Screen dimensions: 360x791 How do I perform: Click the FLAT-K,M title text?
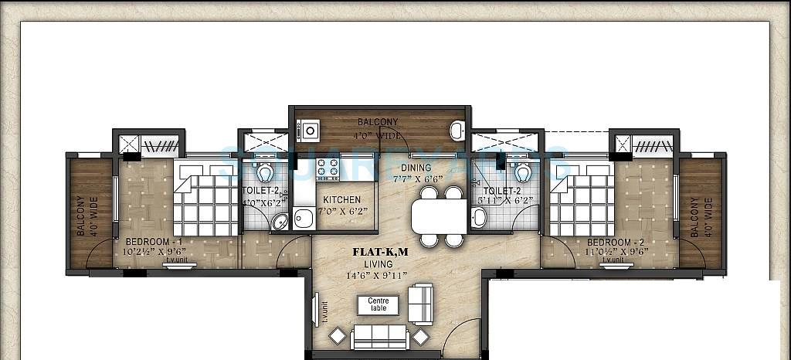click(x=379, y=252)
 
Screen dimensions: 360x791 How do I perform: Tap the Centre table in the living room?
click(x=378, y=305)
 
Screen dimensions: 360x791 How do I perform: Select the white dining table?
click(x=439, y=216)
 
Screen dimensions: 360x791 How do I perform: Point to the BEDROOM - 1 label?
click(x=154, y=242)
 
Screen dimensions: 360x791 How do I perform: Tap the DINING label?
click(x=416, y=168)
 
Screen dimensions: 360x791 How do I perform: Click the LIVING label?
click(x=379, y=264)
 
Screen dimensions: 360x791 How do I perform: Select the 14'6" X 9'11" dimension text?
click(x=379, y=276)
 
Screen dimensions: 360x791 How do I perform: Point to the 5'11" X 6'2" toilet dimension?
click(x=506, y=201)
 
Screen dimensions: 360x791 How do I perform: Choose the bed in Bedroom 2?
click(x=581, y=199)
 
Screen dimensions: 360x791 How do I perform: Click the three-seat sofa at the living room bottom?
click(x=379, y=336)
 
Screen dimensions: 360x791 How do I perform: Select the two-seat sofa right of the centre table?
click(x=420, y=304)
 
